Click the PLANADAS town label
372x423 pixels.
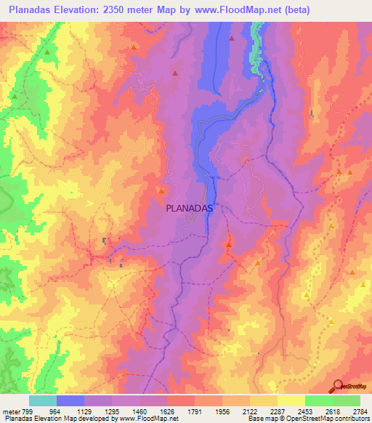tap(189, 207)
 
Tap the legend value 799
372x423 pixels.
tap(28, 411)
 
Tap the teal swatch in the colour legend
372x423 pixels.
tap(43, 400)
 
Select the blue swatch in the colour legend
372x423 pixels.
tap(70, 400)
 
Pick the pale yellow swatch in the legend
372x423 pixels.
tap(291, 400)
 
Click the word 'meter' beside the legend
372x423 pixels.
tap(10, 411)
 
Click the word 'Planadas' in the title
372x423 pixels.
tap(33, 10)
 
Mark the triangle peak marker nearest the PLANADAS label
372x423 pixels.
tap(161, 190)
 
